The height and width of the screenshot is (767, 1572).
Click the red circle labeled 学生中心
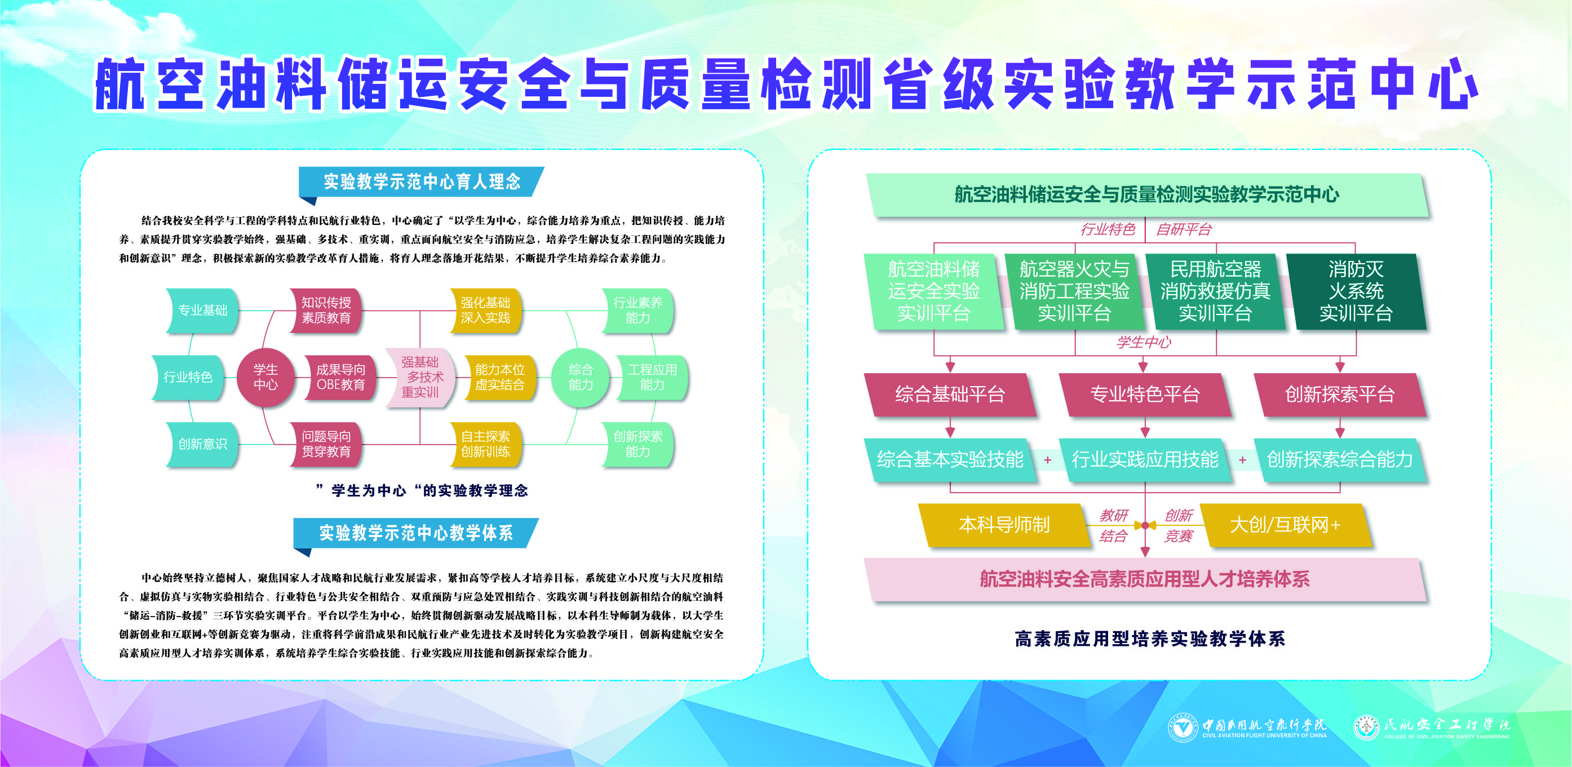pyautogui.click(x=265, y=377)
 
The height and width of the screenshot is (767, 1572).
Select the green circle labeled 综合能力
pyautogui.click(x=581, y=377)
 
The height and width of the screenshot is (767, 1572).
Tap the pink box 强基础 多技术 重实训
pyautogui.click(x=420, y=377)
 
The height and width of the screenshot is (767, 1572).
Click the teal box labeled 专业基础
pyautogui.click(x=202, y=311)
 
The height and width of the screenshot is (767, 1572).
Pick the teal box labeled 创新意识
pyautogui.click(x=202, y=444)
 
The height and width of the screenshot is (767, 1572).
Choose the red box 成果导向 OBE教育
pyautogui.click(x=340, y=378)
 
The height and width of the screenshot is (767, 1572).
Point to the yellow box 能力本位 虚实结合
pyautogui.click(x=500, y=378)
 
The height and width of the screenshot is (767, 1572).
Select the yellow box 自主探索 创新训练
pyautogui.click(x=485, y=444)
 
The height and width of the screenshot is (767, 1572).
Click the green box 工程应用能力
pyautogui.click(x=652, y=378)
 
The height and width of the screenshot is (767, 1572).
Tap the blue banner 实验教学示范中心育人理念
pyautogui.click(x=421, y=182)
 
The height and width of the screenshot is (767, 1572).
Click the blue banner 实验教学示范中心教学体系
pyautogui.click(x=416, y=533)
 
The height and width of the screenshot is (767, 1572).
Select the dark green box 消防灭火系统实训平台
pyautogui.click(x=1356, y=292)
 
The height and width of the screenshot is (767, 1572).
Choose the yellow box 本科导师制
pyautogui.click(x=1004, y=525)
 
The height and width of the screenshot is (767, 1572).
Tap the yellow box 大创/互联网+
pyautogui.click(x=1285, y=525)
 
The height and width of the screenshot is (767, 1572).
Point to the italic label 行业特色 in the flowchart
pyautogui.click(x=1108, y=229)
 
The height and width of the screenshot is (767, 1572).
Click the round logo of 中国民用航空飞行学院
pyautogui.click(x=1183, y=728)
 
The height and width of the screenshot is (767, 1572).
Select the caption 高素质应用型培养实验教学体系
pyautogui.click(x=1150, y=639)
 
